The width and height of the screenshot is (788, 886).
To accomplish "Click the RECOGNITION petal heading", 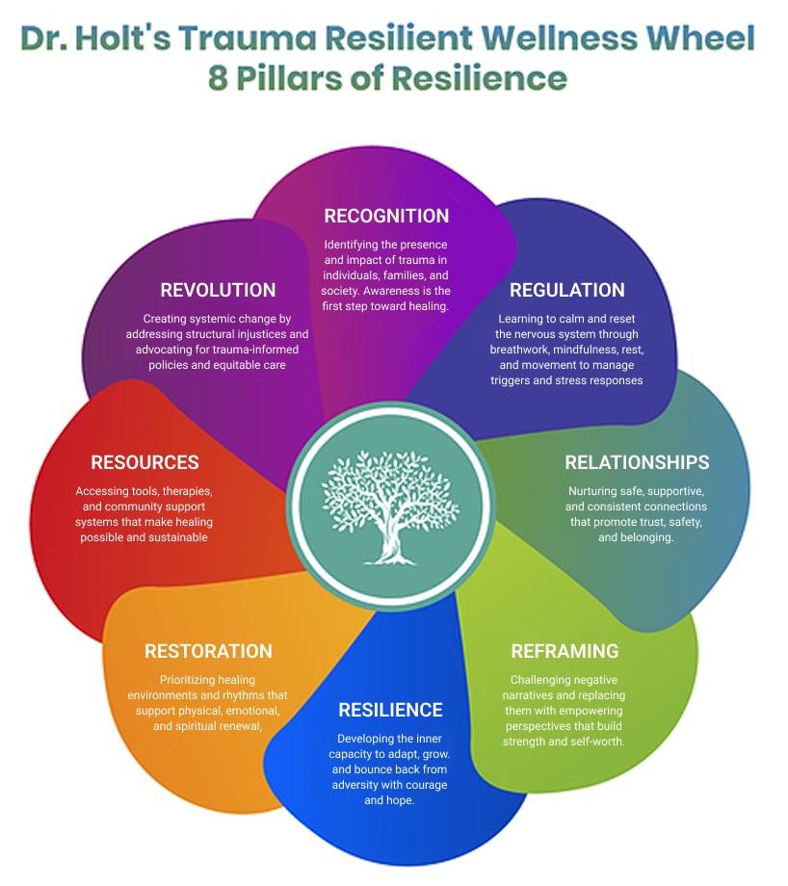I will click(386, 216).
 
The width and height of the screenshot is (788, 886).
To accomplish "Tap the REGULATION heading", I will click(566, 290).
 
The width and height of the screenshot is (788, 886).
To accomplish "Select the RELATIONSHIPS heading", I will click(637, 462).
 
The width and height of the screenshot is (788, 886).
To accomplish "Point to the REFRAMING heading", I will click(565, 651).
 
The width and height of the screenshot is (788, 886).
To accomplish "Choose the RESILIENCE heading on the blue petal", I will click(390, 710).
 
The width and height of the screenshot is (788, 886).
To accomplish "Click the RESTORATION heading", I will click(208, 651).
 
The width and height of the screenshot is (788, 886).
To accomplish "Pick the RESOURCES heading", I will click(144, 462).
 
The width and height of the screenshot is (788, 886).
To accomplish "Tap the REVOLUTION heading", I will click(218, 290).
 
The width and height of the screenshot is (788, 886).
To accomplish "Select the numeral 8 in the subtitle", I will click(219, 78).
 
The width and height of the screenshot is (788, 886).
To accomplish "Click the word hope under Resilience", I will click(401, 800).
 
